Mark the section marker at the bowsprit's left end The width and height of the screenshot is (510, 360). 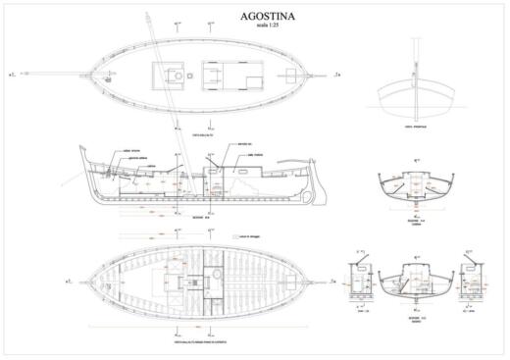pyautogui.click(x=11, y=74)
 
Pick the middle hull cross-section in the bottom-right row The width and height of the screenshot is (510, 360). pyautogui.click(x=414, y=285)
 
